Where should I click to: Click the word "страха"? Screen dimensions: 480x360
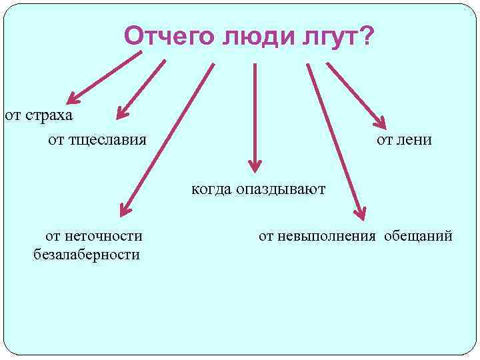coord(48,115)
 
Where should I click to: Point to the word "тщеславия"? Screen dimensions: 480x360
coord(107,139)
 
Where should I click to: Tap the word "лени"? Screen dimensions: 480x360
coord(415,139)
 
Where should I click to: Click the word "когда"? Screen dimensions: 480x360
coord(210,189)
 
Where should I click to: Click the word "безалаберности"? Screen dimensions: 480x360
coord(86,255)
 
